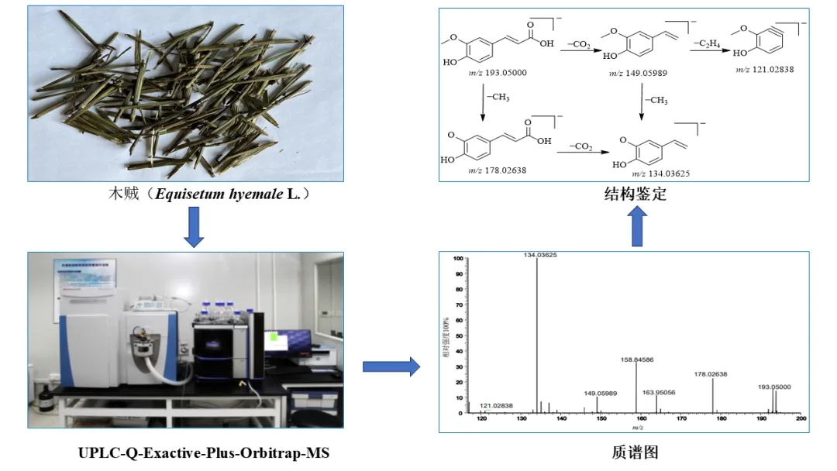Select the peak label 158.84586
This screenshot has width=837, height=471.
point(637,359)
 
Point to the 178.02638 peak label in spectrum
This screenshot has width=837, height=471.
point(710,374)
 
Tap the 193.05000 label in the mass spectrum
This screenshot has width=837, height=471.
point(774,387)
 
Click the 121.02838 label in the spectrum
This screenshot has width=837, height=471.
point(496,405)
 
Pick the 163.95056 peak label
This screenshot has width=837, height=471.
point(659,392)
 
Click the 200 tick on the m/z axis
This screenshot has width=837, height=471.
point(801,419)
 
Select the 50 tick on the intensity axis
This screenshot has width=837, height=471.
point(458,335)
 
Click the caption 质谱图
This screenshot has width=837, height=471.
point(635,452)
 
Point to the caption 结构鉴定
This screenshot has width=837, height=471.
point(635,194)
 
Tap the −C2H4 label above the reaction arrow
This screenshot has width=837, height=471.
point(703,43)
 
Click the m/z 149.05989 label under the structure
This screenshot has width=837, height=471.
point(638,73)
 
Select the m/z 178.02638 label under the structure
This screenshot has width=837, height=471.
point(497,170)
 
